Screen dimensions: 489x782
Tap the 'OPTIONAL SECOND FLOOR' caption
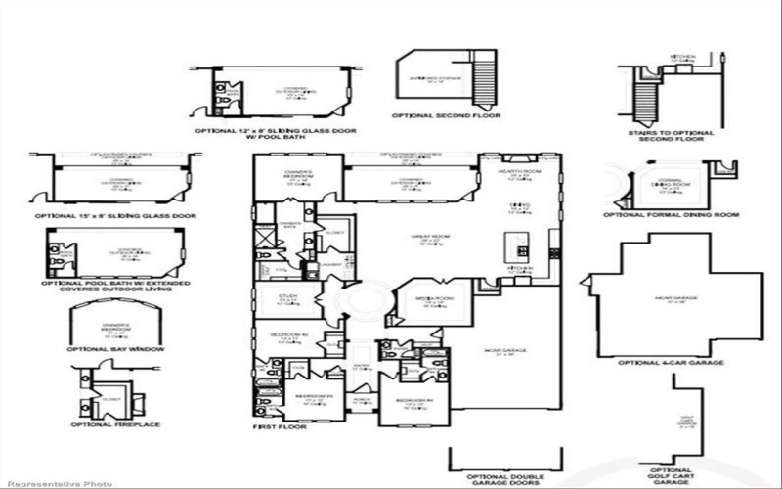coord(446,115)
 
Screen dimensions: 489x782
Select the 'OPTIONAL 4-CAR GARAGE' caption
coord(672,362)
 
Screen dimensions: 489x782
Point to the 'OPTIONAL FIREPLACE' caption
coord(114,424)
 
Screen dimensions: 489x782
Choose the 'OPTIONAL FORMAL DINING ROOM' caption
coord(671,215)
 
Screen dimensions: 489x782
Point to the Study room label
coord(286,296)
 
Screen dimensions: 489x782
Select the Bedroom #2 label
coord(285,336)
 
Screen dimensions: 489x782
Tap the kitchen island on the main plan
coord(510,244)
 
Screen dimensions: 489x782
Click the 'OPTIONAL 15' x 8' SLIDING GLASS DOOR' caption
coord(116,215)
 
